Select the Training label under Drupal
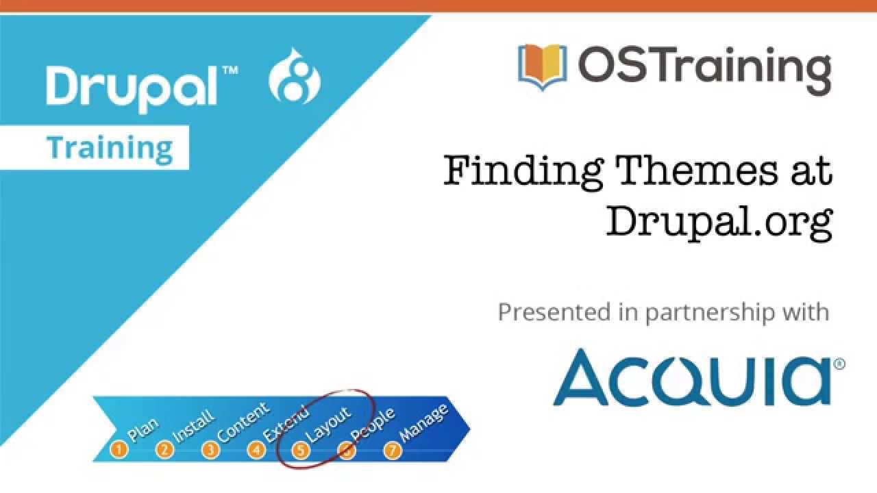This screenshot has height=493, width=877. (x=110, y=148)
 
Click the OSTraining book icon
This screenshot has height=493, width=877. (x=542, y=66)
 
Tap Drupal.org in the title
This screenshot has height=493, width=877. (x=719, y=220)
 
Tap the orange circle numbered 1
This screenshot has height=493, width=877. (x=119, y=450)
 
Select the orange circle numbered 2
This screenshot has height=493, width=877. (x=164, y=450)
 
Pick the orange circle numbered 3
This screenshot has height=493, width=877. (x=210, y=450)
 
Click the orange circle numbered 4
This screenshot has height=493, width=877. (x=256, y=450)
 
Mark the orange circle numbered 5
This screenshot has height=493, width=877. (x=301, y=450)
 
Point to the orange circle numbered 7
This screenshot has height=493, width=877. (x=392, y=450)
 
